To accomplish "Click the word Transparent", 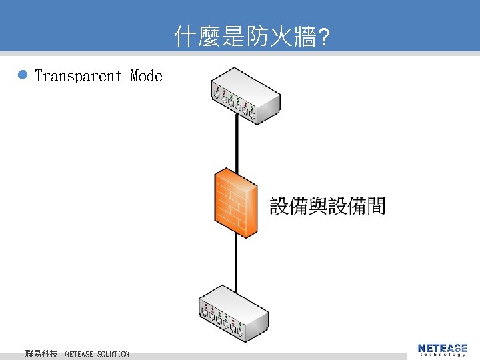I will tap(78, 76).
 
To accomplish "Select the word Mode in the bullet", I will tap(147, 76).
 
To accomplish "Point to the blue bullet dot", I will tap(22, 76).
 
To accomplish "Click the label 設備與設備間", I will tap(327, 206).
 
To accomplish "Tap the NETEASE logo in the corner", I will tap(443, 347).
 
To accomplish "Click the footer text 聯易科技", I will tap(41, 353).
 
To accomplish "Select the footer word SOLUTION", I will tap(113, 354).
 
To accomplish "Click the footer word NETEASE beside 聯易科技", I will tap(79, 354).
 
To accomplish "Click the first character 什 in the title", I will tap(184, 37).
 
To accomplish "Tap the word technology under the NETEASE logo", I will tap(443, 355).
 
